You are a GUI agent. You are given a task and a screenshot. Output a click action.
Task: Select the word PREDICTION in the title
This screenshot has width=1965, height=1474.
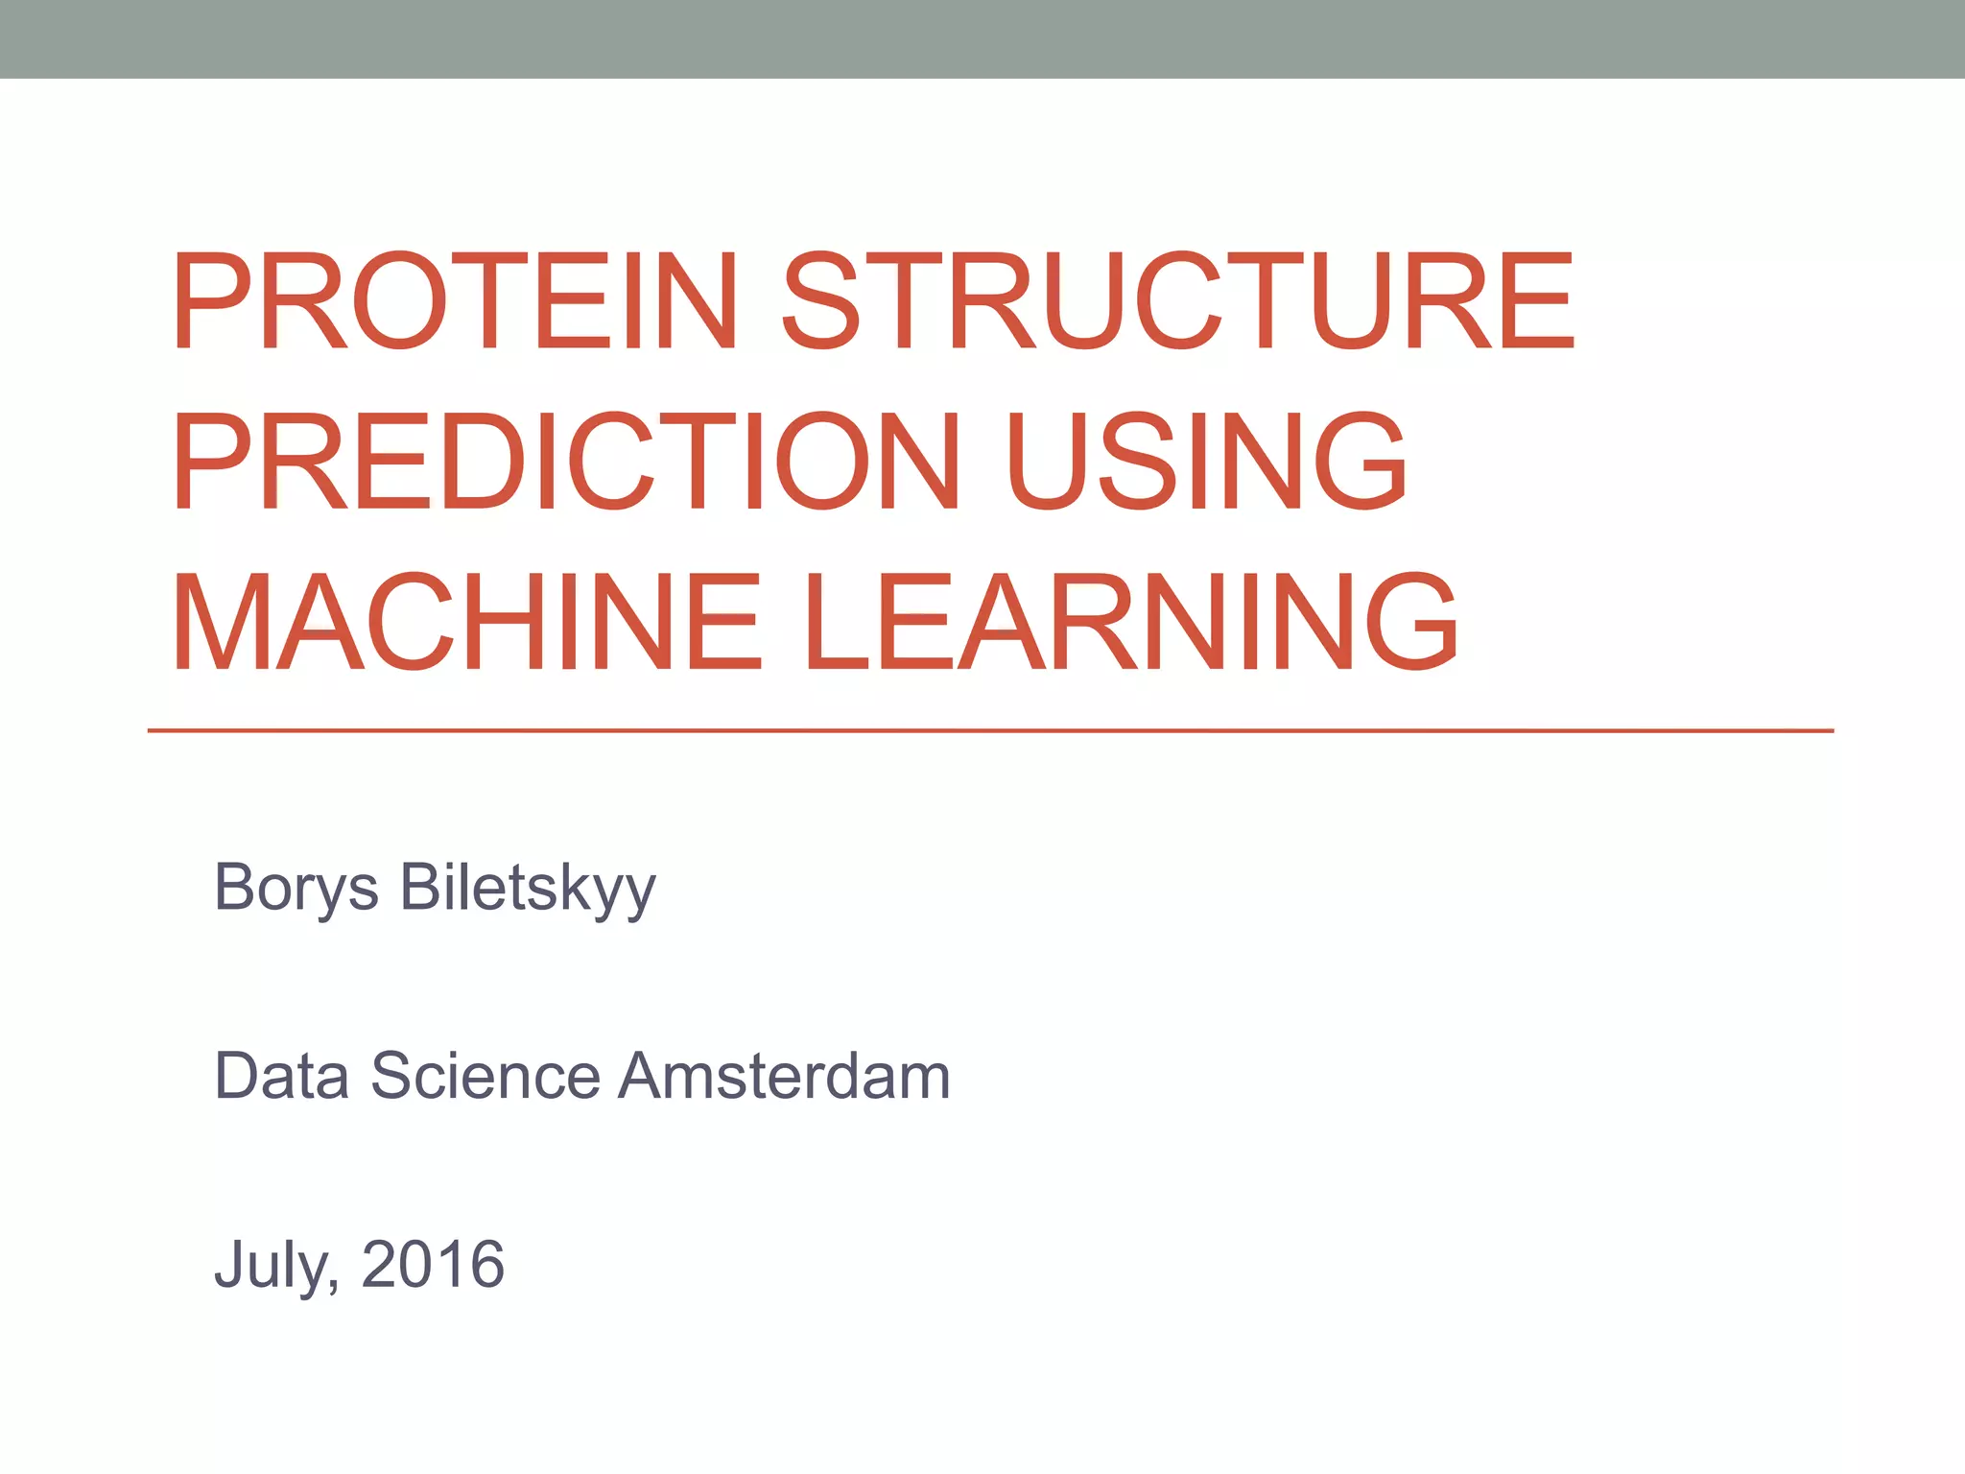point(566,462)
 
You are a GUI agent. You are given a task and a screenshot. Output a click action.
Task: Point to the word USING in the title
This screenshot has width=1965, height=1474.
point(1207,462)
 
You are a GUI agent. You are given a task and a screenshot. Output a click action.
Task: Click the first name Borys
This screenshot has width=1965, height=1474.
point(296,888)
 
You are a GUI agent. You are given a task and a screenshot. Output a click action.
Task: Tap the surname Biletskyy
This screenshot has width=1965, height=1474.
point(528,888)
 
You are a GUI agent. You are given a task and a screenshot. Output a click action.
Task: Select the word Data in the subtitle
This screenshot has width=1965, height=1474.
point(281,1076)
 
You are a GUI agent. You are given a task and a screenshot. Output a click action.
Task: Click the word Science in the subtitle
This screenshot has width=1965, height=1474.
point(485,1076)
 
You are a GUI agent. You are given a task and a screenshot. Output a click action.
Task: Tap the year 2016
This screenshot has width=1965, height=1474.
point(433,1265)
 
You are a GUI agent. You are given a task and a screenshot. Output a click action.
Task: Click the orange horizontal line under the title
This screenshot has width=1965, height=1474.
point(988,731)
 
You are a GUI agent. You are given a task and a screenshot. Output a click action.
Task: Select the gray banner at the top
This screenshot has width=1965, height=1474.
point(982,38)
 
